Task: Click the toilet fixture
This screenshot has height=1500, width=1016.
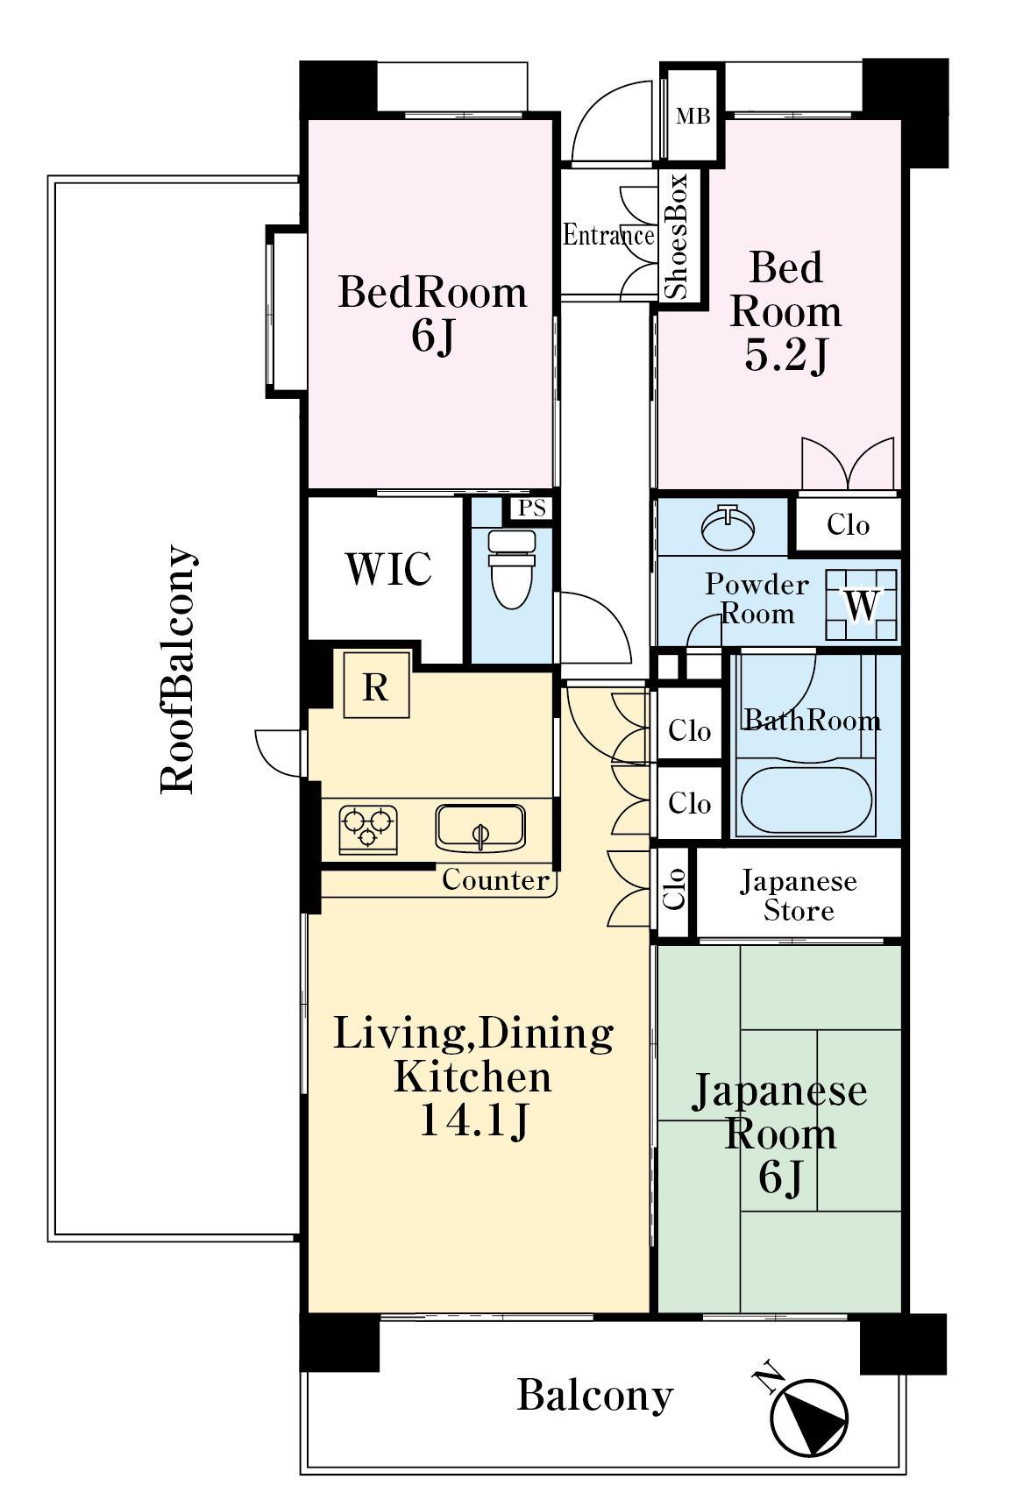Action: [512, 568]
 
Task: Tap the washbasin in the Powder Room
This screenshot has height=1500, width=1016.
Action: [728, 527]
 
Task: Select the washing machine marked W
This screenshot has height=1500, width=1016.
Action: [861, 605]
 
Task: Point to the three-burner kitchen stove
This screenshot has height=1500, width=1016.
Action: [367, 829]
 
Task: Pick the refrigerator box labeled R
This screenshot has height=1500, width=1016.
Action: [376, 685]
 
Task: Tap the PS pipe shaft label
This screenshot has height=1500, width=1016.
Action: [532, 508]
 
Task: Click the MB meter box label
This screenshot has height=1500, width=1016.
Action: [693, 117]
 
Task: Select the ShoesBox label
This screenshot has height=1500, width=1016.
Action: [676, 236]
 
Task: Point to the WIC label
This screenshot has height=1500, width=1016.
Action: [387, 569]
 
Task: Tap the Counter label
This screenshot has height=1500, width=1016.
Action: [495, 879]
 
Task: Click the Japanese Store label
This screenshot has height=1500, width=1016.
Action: [799, 895]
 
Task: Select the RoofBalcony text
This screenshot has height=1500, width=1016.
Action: [178, 671]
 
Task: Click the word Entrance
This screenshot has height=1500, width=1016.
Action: [608, 234]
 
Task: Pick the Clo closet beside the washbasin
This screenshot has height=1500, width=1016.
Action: [848, 525]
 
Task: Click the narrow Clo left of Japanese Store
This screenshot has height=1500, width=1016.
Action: [674, 891]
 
